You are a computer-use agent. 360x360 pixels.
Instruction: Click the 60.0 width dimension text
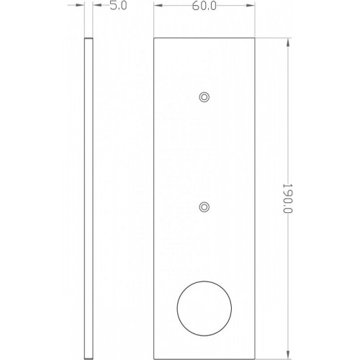coord(204,6)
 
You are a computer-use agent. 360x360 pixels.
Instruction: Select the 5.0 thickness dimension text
coord(118,6)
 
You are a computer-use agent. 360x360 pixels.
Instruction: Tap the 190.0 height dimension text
coord(287,199)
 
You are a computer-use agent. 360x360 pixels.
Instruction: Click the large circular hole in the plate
coord(204,308)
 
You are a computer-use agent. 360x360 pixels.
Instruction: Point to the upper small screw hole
coord(204,97)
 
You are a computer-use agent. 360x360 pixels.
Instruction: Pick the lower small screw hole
coord(204,207)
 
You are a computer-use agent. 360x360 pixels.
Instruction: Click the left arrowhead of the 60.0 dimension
coord(158,5)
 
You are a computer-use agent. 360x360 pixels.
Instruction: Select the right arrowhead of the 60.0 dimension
coord(251,5)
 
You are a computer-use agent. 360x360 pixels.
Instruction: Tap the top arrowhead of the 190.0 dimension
coord(288,42)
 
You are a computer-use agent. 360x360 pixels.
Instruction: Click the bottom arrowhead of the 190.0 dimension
coord(288,355)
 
